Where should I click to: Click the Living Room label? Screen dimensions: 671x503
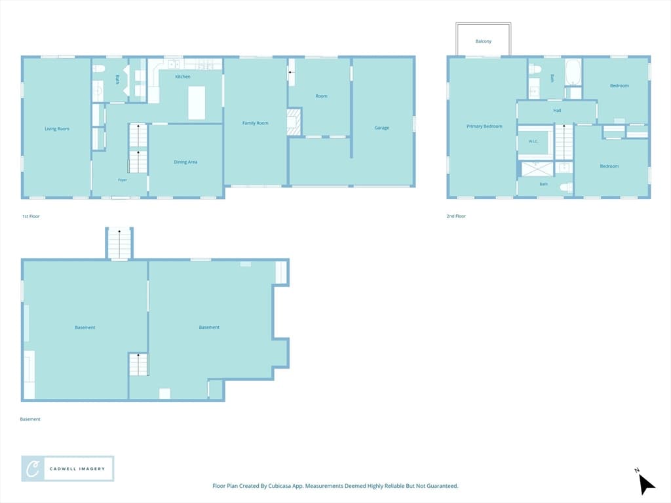[x=57, y=129]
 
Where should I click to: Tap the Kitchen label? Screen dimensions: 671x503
[x=183, y=77]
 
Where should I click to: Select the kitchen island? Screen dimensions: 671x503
[x=197, y=103]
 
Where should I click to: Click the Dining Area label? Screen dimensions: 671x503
[x=185, y=162]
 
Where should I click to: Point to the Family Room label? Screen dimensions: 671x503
[x=255, y=123]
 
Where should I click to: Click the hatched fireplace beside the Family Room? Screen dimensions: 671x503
[x=294, y=122]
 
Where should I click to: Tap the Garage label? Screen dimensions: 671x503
[x=382, y=128]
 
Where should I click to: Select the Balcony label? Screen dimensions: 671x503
[x=483, y=41]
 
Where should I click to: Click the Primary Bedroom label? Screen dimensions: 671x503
[x=484, y=126]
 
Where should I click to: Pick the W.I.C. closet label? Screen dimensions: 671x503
[x=533, y=141]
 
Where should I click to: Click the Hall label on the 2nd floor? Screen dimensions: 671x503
[x=557, y=110]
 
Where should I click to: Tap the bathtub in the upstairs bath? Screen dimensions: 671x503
[x=573, y=72]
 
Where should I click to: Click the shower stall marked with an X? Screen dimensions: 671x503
[x=537, y=169]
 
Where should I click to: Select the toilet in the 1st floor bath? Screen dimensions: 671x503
[x=99, y=69]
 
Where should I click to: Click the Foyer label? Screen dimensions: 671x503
[x=123, y=180]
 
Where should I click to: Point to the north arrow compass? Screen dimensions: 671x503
[x=645, y=483]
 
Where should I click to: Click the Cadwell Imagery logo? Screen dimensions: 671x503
[x=67, y=469]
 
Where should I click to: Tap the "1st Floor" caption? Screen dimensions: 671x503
[x=31, y=216]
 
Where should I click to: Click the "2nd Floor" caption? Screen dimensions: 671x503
[x=456, y=216]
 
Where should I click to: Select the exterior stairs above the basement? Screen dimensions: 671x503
[x=119, y=244]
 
